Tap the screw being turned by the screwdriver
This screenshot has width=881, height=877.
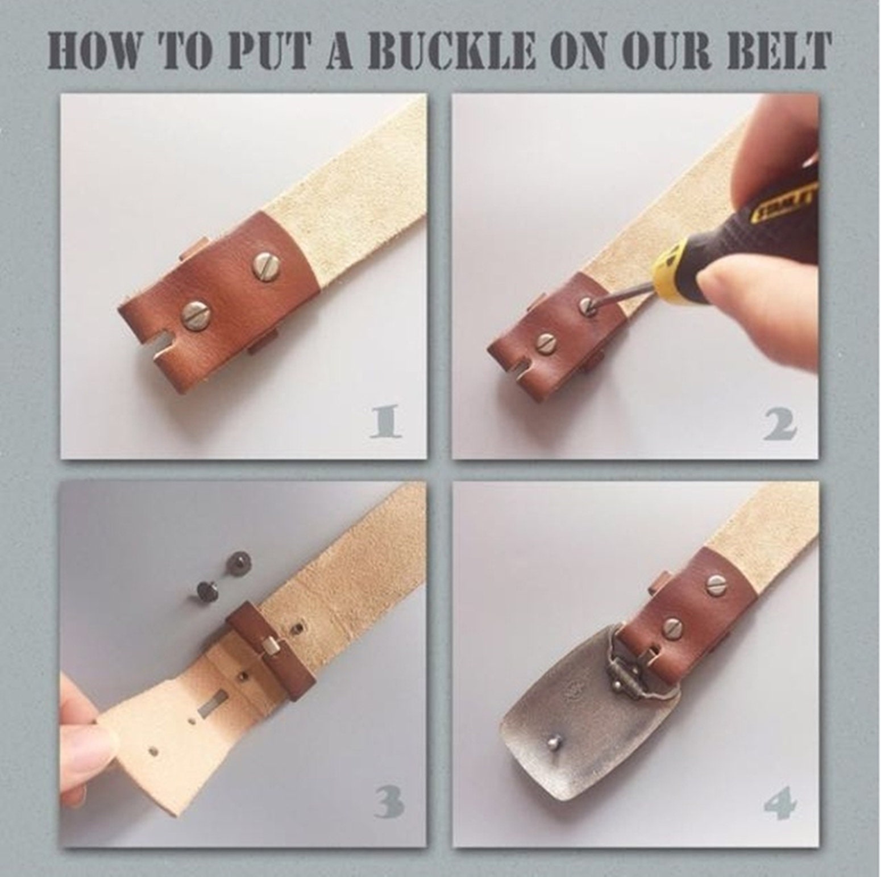589,307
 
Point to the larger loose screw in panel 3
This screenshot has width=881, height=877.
236,565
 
